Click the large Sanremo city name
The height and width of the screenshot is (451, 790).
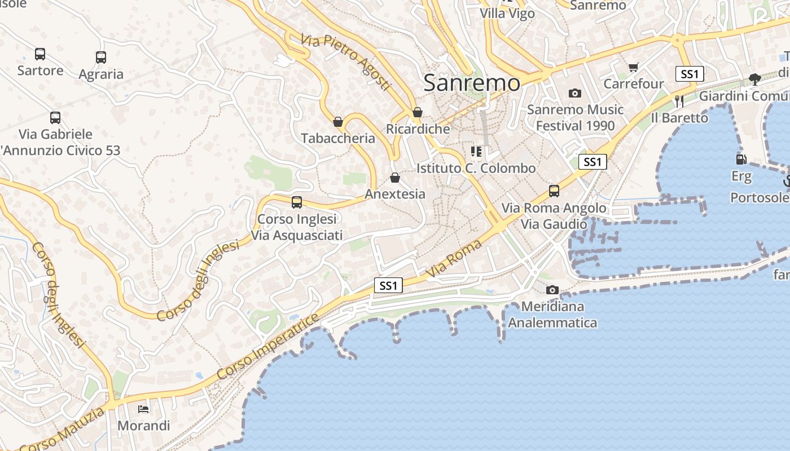click(471, 83)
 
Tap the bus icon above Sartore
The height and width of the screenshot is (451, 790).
click(40, 54)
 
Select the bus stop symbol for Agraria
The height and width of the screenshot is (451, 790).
click(101, 58)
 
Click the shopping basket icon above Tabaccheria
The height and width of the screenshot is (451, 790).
click(338, 122)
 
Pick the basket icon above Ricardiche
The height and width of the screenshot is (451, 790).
click(418, 113)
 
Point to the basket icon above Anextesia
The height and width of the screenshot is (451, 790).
click(395, 178)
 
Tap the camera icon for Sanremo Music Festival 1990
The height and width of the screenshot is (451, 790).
click(575, 93)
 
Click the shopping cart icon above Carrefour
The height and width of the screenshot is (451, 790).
click(634, 68)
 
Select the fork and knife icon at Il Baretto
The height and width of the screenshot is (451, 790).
click(679, 101)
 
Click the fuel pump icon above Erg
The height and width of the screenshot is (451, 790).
click(741, 160)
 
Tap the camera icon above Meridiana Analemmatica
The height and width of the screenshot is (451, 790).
click(552, 290)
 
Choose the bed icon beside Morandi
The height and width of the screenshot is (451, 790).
click(144, 409)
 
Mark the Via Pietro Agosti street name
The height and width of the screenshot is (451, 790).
click(345, 62)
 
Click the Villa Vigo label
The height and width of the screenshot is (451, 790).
click(507, 14)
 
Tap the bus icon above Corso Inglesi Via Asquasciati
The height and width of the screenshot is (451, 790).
click(297, 202)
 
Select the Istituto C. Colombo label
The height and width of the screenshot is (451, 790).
click(476, 168)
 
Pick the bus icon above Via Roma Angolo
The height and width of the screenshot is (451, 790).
click(554, 191)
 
